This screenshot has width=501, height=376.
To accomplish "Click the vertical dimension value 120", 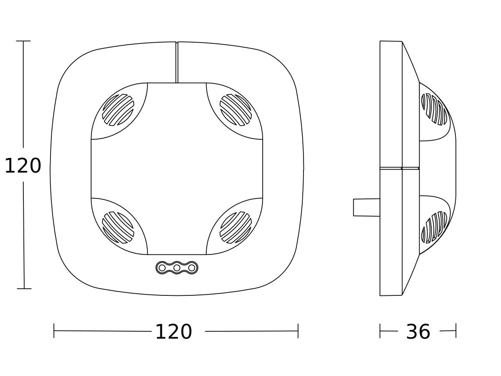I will pyautogui.click(x=23, y=166).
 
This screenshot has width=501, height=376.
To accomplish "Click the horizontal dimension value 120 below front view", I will pyautogui.click(x=173, y=332).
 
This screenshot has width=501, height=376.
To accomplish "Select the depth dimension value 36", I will pyautogui.click(x=418, y=332).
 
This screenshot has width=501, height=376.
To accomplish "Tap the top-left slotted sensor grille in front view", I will pyautogui.click(x=118, y=110).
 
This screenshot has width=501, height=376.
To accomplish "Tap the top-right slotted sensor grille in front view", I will pyautogui.click(x=235, y=110).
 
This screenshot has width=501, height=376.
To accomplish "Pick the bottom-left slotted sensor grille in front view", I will pyautogui.click(x=118, y=227).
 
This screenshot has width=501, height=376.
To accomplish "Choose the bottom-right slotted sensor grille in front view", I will pyautogui.click(x=235, y=227).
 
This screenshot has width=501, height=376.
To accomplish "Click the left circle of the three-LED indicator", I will pyautogui.click(x=162, y=268).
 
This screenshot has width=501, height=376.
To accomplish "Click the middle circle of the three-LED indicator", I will pyautogui.click(x=177, y=268).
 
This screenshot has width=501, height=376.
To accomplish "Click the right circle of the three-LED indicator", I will pyautogui.click(x=192, y=268).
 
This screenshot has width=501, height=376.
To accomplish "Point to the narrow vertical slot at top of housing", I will pyautogui.click(x=177, y=62).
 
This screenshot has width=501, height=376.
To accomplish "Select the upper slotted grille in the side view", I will pyautogui.click(x=434, y=109).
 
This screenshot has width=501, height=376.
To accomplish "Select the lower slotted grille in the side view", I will pyautogui.click(x=434, y=228).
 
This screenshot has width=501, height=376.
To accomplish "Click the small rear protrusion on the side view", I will pyautogui.click(x=366, y=208).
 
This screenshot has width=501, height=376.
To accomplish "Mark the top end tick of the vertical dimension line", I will pyautogui.click(x=23, y=41).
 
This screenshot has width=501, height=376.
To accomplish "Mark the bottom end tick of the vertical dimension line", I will pyautogui.click(x=24, y=288).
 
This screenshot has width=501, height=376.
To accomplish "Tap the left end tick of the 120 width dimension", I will pyautogui.click(x=54, y=330).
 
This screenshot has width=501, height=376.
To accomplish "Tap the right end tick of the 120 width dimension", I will pyautogui.click(x=298, y=330).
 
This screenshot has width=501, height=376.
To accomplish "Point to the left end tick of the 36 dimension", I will pyautogui.click(x=380, y=330).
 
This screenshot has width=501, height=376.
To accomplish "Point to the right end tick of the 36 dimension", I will pyautogui.click(x=456, y=330).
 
